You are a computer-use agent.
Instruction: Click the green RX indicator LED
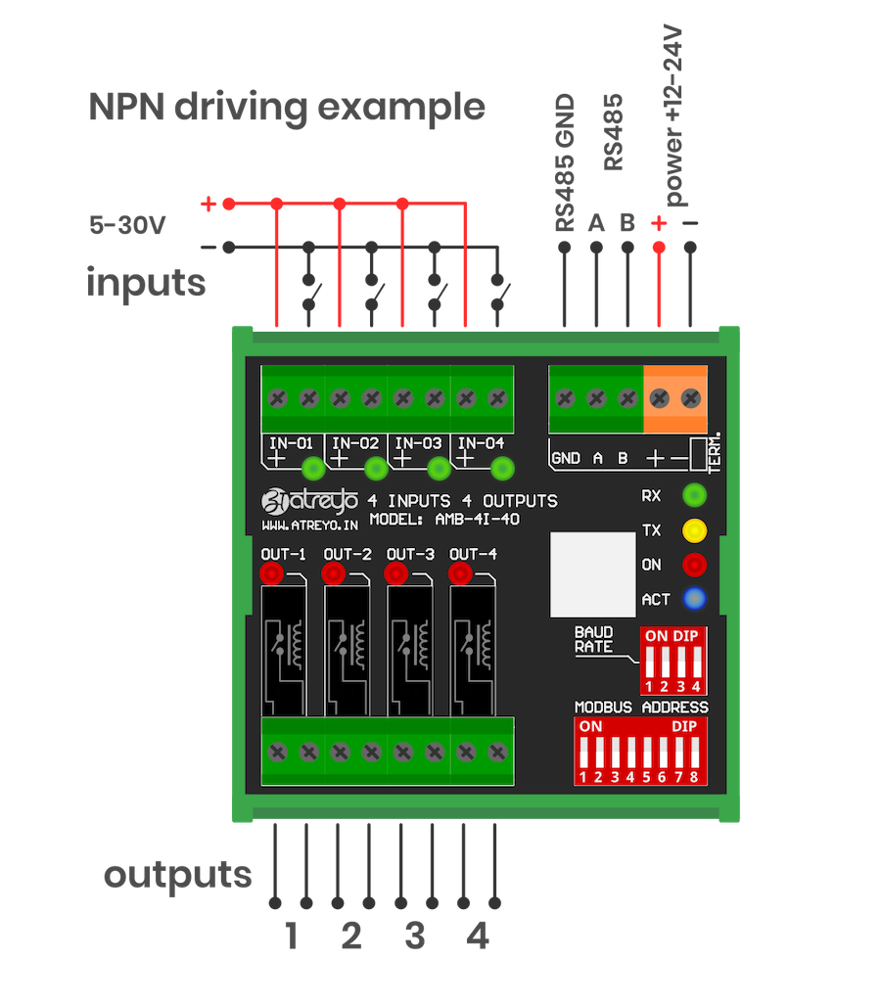click(694, 494)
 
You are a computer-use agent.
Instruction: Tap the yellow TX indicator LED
click(694, 530)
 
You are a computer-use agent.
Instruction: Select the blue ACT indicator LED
click(694, 598)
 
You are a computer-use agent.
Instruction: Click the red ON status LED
click(694, 565)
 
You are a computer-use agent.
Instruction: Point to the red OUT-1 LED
click(271, 573)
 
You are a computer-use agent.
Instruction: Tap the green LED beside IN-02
click(376, 468)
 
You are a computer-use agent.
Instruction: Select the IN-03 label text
click(418, 442)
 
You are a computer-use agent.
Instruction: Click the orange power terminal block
click(675, 398)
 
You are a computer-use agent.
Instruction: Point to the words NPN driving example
click(287, 107)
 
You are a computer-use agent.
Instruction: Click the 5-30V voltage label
click(127, 224)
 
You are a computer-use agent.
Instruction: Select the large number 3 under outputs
click(415, 936)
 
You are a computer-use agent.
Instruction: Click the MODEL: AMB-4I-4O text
click(444, 520)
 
